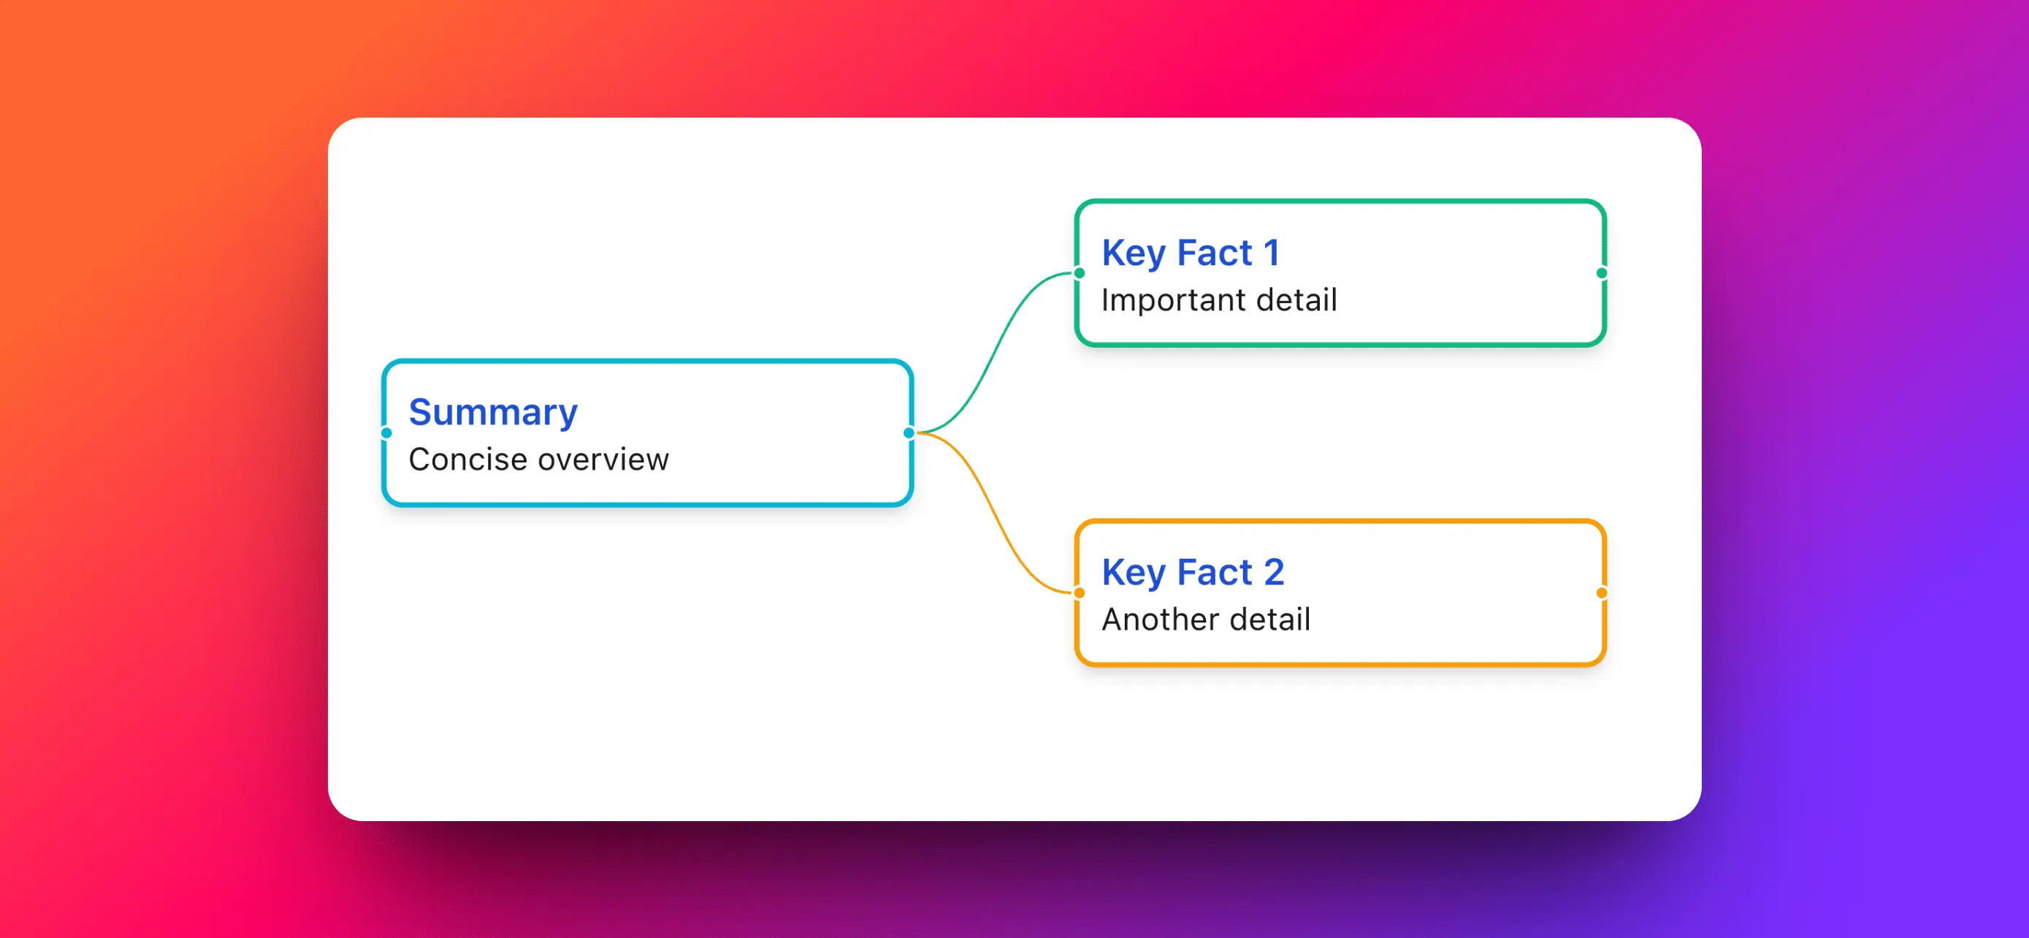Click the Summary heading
pyautogui.click(x=493, y=413)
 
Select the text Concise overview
pyautogui.click(x=539, y=460)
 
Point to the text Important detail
pyautogui.click(x=1219, y=300)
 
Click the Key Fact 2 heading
pyautogui.click(x=1193, y=573)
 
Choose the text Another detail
pyautogui.click(x=1206, y=619)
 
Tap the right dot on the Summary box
pyautogui.click(x=909, y=432)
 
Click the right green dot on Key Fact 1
pyautogui.click(x=1601, y=273)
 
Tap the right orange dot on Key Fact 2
pyautogui.click(x=1601, y=592)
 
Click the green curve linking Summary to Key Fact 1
pyautogui.click(x=995, y=353)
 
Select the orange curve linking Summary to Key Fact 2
pyautogui.click(x=995, y=513)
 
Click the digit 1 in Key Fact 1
pyautogui.click(x=1272, y=253)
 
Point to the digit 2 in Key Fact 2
pyautogui.click(x=1274, y=572)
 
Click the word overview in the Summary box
pyautogui.click(x=603, y=460)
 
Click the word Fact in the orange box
pyautogui.click(x=1214, y=572)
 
